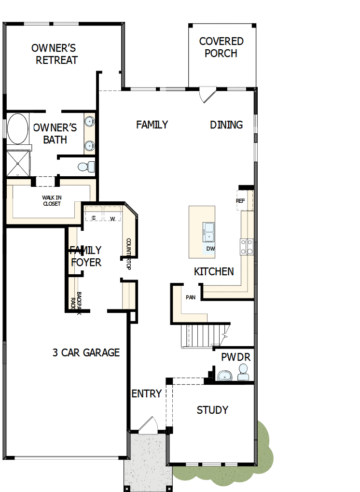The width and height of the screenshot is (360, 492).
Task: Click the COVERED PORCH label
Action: [221, 47]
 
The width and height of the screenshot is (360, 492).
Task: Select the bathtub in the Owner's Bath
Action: [17, 128]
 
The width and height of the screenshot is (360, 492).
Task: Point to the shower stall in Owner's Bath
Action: [17, 163]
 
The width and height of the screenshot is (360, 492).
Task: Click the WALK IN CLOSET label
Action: [51, 200]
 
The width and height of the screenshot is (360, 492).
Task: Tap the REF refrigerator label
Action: [240, 201]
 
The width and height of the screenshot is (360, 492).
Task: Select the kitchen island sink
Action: [209, 231]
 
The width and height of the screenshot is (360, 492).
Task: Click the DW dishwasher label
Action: [210, 249]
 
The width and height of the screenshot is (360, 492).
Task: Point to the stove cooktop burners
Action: [247, 247]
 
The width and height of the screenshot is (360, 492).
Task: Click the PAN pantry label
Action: [191, 297]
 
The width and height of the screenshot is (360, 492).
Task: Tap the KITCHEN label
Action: [214, 272]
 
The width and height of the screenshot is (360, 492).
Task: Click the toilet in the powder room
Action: [243, 372]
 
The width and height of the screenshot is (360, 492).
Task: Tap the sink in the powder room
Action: [224, 376]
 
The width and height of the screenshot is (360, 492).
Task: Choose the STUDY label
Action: [212, 410]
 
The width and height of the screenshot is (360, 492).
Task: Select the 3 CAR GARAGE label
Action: [86, 352]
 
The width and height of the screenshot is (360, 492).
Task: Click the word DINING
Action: [226, 125]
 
